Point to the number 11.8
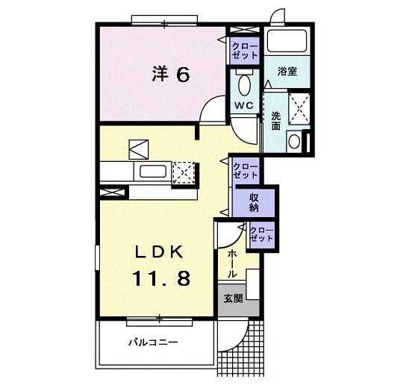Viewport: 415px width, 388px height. [161, 279]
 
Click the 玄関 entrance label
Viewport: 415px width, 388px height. [232, 298]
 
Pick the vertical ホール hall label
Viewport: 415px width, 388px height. [232, 263]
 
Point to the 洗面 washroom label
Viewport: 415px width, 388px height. [275, 121]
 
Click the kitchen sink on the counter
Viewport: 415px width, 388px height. [152, 172]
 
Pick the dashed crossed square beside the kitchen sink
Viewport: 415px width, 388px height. [183, 172]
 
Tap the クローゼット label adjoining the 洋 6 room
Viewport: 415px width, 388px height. [244, 51]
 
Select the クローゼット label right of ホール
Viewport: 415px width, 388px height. [260, 234]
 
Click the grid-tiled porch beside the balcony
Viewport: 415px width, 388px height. [240, 348]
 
